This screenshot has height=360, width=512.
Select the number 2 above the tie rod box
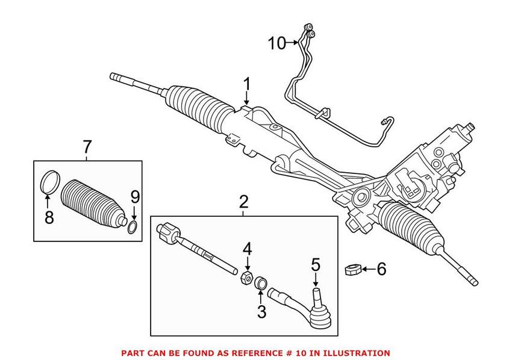[243, 202]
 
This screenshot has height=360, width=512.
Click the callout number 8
[49, 216]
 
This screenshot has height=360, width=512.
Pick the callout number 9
[134, 196]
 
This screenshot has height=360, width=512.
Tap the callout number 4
[247, 248]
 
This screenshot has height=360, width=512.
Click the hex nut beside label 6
[352, 269]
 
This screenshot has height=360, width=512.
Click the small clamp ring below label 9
[132, 227]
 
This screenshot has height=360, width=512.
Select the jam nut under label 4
[246, 278]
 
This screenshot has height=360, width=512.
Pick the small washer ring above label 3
[261, 282]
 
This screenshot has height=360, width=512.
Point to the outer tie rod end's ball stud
[314, 297]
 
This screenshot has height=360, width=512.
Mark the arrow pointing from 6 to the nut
[367, 268]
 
